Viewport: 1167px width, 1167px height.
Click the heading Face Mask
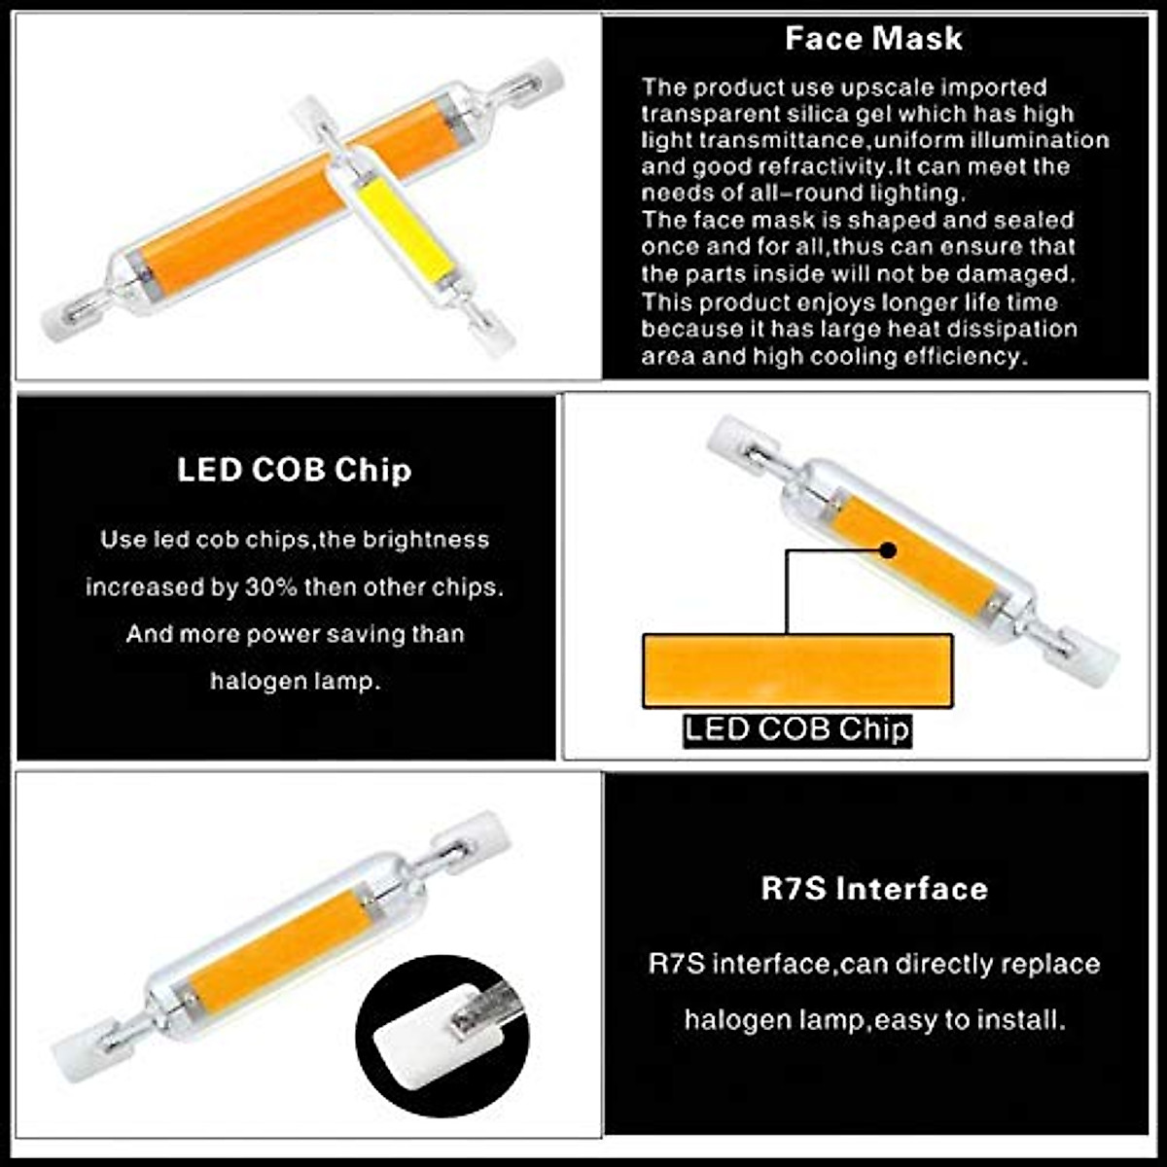tap(873, 39)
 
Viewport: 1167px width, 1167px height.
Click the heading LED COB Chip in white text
tap(294, 470)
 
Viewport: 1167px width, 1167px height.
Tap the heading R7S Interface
tap(873, 889)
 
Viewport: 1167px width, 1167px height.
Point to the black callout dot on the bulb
tap(887, 550)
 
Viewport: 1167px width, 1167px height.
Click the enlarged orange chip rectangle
tap(796, 671)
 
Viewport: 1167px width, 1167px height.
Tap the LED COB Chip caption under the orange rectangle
tap(796, 729)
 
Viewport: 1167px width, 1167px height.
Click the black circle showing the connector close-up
tap(442, 1036)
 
